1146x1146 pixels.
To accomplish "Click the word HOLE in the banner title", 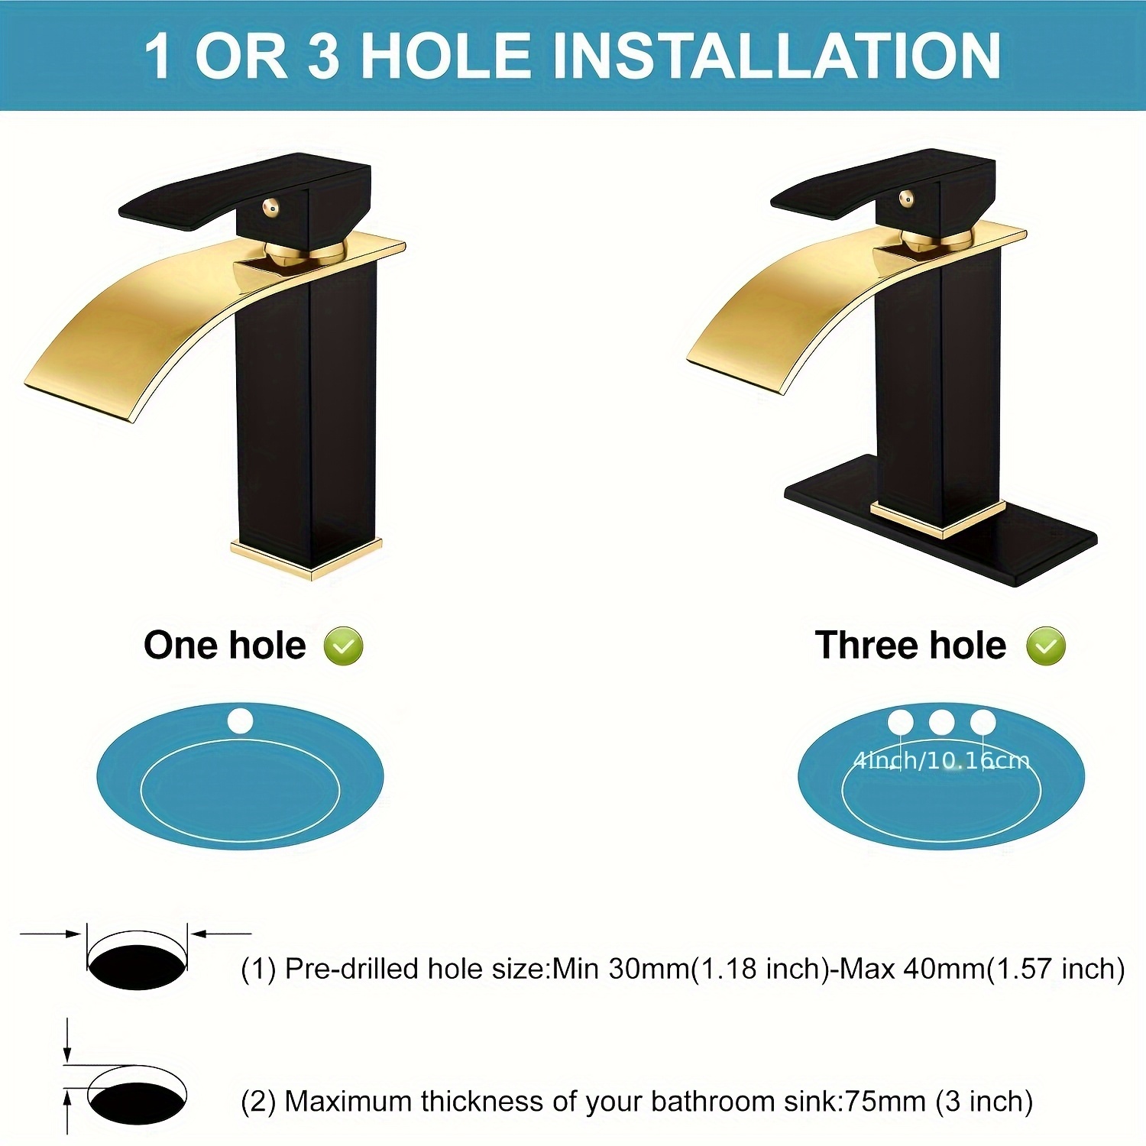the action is tap(445, 56).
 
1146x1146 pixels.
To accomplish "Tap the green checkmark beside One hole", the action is tap(343, 646).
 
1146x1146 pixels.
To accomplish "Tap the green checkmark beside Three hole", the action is tap(1046, 646).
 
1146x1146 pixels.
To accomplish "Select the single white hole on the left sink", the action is tap(240, 720).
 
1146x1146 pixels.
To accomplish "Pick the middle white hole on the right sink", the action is tap(941, 722).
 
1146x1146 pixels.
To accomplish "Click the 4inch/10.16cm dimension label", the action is tap(941, 760).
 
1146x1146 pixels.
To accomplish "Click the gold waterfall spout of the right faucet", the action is tap(810, 306).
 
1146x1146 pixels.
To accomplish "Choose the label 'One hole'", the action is tap(225, 646).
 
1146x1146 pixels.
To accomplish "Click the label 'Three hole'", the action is tap(910, 646).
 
